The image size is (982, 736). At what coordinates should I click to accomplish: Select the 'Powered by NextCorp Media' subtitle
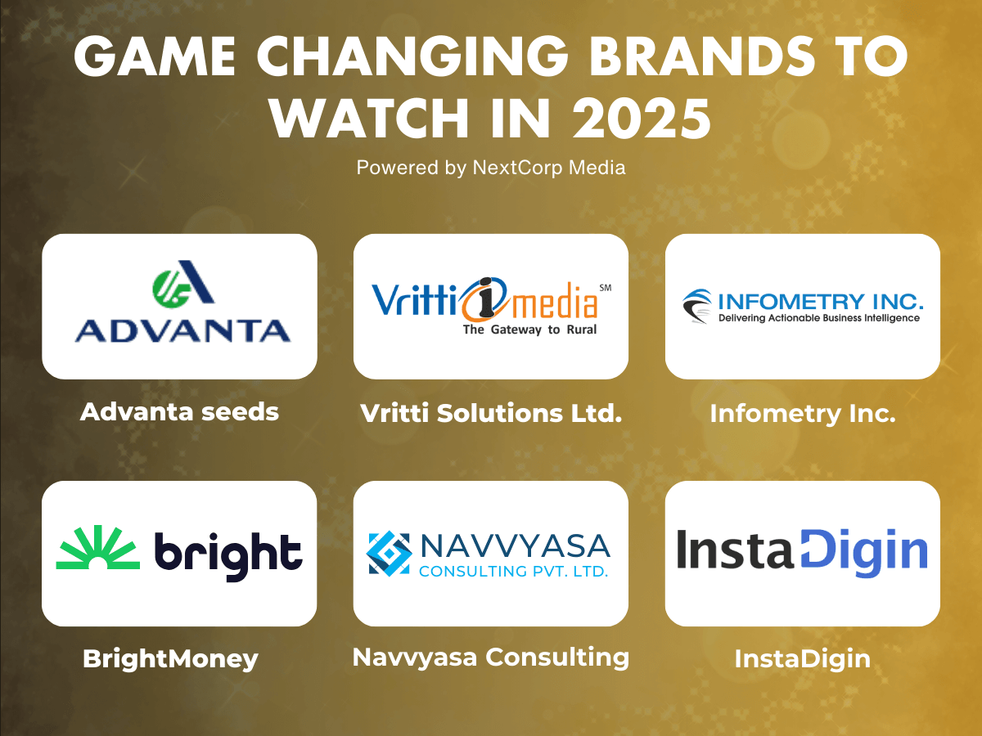[491, 168]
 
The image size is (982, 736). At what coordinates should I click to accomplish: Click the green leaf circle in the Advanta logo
[170, 289]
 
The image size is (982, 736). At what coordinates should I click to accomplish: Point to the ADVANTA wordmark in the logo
[182, 330]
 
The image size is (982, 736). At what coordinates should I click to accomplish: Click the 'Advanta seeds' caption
[179, 411]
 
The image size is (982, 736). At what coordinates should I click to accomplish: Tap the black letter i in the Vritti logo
[484, 297]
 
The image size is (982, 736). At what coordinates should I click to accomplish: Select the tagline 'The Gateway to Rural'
[529, 330]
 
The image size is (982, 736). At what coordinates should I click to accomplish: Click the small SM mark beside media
[606, 288]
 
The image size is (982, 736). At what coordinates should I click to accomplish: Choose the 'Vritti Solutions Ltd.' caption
[491, 413]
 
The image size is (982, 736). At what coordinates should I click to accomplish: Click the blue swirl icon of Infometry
[697, 306]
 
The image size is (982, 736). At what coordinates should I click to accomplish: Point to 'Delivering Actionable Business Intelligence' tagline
[818, 318]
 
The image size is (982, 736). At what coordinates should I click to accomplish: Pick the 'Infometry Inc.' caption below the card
[803, 413]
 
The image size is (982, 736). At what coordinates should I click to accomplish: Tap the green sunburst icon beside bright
[98, 547]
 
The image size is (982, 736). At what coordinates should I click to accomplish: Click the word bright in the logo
[228, 556]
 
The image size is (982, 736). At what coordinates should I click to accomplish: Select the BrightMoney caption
[170, 658]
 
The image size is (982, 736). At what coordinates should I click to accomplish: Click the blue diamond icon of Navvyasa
[389, 554]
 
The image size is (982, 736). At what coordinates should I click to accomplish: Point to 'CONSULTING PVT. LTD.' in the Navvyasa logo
[514, 571]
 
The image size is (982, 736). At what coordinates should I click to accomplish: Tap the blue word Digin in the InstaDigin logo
[863, 552]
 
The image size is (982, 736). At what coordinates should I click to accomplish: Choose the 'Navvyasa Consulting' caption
[491, 657]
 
